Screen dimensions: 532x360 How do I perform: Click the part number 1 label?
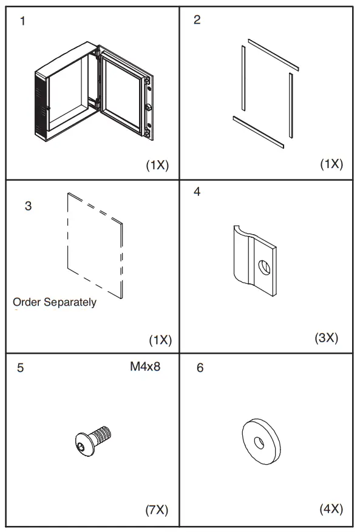click(23, 22)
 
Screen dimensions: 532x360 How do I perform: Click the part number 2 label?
click(197, 20)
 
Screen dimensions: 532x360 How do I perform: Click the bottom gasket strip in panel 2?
click(260, 132)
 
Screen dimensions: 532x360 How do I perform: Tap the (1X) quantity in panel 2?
click(331, 164)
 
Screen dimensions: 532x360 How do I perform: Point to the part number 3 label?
click(28, 206)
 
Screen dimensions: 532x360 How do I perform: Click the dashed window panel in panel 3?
click(95, 246)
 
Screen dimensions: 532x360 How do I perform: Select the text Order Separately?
click(55, 302)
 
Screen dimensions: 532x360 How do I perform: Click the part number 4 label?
click(197, 192)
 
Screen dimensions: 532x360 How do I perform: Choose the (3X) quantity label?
click(325, 337)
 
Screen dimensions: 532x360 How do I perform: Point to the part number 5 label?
click(21, 368)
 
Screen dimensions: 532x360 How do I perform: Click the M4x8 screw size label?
click(145, 366)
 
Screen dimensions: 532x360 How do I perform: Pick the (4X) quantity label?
click(331, 509)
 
